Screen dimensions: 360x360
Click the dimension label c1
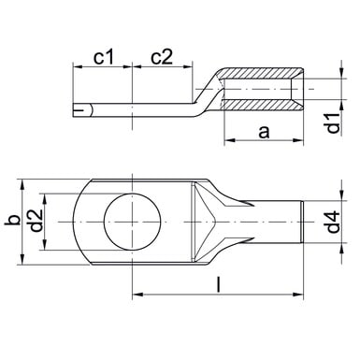coord(105,57)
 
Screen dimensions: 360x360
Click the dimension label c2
coord(162,57)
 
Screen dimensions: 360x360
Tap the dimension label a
coord(264,132)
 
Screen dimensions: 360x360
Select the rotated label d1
coord(334,123)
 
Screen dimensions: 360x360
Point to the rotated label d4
coord(334,222)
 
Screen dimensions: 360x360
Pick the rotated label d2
coord(36,221)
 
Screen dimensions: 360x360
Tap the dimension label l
coord(219,286)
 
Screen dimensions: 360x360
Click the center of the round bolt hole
coord(133,222)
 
